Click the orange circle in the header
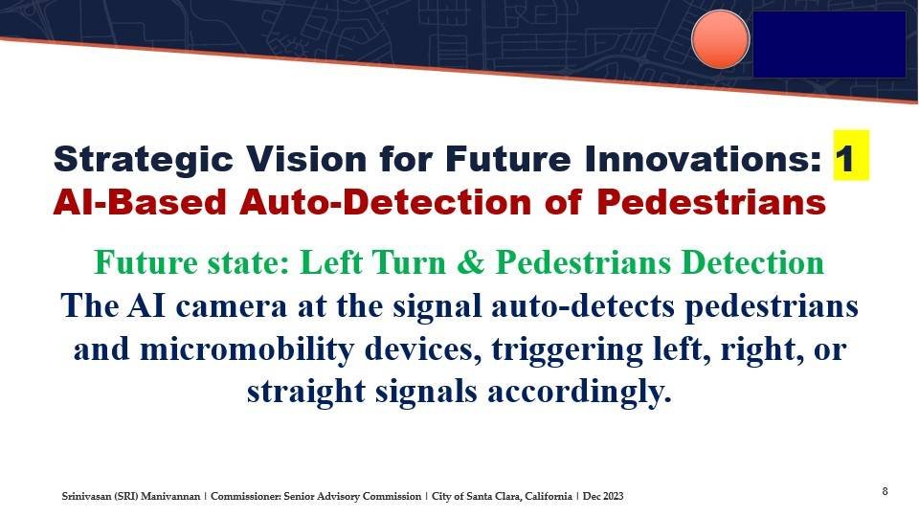720,39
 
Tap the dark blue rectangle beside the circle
829,45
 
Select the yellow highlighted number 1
851,156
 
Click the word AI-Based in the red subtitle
140,202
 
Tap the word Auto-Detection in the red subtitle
385,202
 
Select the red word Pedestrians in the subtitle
711,202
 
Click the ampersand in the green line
471,262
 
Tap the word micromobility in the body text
247,350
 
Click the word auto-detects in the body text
583,306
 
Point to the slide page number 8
885,491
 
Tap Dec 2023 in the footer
603,497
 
